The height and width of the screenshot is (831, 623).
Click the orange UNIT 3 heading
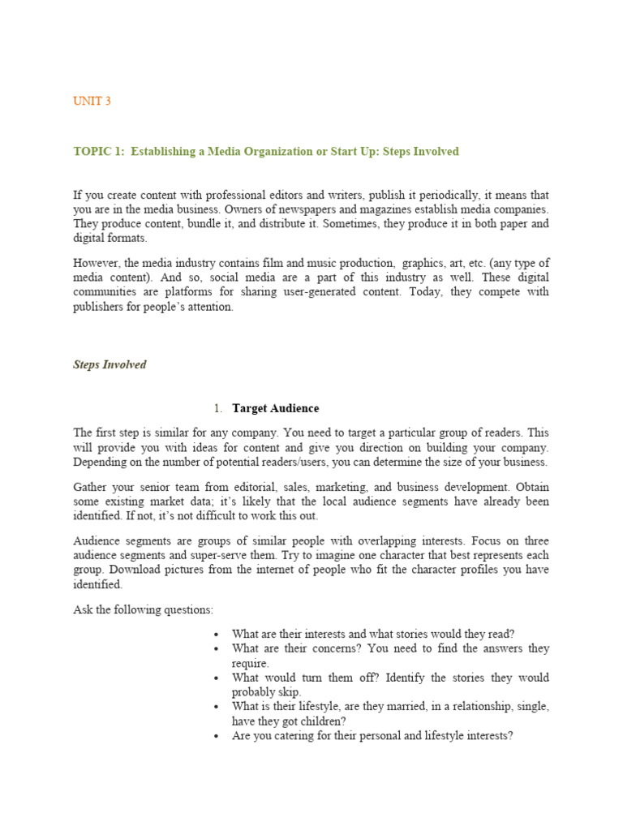coord(92,101)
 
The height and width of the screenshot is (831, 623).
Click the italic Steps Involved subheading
coord(110,364)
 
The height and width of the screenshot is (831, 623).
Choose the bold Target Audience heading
coord(275,408)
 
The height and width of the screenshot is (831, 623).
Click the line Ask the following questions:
coord(143,609)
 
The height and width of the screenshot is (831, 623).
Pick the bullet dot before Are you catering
coord(216,736)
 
